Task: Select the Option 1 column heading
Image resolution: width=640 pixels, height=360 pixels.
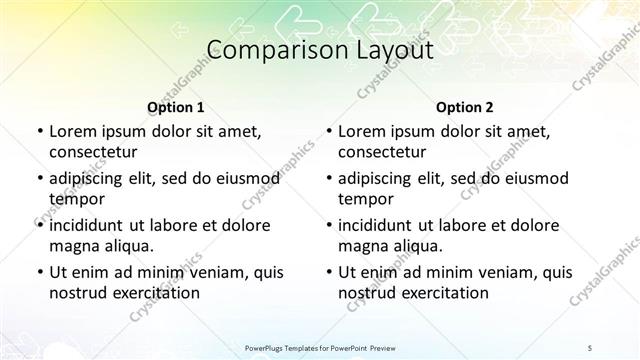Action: (x=175, y=106)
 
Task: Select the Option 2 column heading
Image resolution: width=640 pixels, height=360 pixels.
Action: (x=465, y=106)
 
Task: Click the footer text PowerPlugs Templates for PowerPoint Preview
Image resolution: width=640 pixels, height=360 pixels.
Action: (x=319, y=347)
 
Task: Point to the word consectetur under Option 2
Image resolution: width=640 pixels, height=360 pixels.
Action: (x=383, y=152)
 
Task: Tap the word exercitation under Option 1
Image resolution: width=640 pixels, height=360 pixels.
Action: (x=149, y=293)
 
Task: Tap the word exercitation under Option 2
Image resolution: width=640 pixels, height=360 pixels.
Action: (x=439, y=293)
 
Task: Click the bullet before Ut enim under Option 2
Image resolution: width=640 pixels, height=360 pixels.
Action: (x=327, y=272)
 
